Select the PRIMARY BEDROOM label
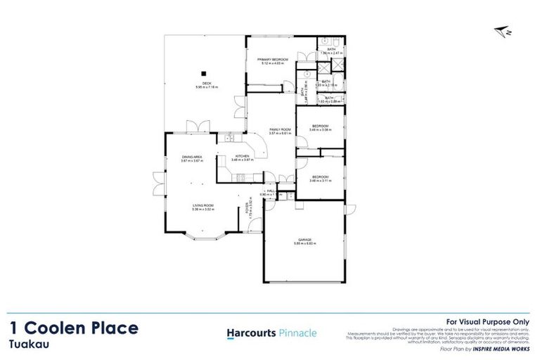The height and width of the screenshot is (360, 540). click(272, 60)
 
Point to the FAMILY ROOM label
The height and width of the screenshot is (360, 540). click(281, 130)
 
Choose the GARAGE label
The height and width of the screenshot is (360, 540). click(304, 240)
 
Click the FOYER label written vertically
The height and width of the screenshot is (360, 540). click(247, 209)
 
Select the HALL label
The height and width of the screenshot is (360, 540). click(270, 191)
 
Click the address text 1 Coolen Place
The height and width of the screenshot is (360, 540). click(74, 328)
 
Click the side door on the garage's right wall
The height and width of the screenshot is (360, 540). click(346, 209)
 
